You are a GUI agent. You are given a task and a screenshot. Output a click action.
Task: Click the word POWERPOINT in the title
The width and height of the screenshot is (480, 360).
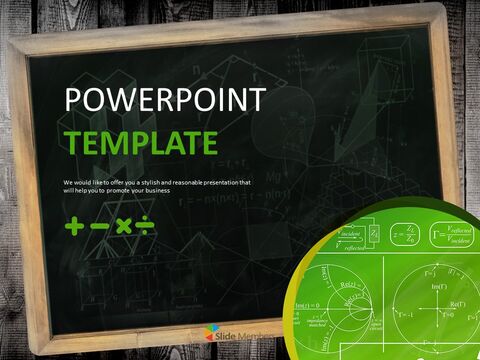[165, 101]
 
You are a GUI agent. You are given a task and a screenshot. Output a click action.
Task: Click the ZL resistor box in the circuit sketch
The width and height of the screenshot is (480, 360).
[373, 234]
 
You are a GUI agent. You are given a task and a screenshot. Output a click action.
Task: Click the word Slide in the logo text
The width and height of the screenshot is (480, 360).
[235, 333]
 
